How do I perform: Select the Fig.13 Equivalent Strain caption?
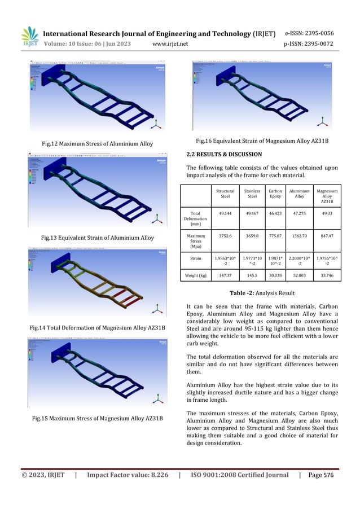(97, 237)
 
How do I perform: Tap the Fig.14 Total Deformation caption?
(97, 327)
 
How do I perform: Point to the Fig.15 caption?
(97, 418)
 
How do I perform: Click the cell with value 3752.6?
(225, 237)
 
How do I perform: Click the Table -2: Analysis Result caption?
(260, 293)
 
